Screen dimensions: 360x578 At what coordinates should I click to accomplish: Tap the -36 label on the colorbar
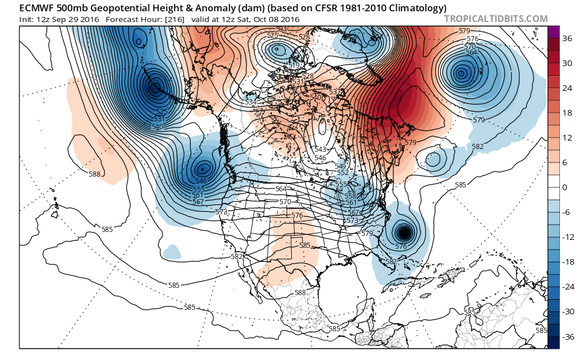point(567,337)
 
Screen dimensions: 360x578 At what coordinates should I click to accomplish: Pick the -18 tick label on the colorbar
point(567,262)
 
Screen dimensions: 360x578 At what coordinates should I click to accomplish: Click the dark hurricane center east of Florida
point(403,232)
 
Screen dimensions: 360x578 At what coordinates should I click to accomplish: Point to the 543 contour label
point(319,149)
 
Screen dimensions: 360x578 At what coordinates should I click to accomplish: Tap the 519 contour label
point(294,66)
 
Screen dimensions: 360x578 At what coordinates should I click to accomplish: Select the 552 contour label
point(344,173)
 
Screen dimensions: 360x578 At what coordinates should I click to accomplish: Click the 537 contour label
point(335,91)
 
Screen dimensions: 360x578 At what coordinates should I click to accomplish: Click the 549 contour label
point(341,166)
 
